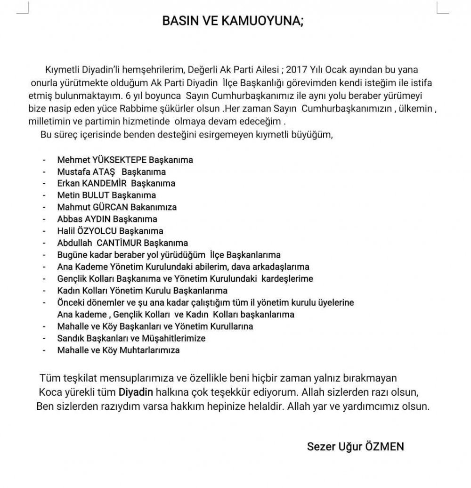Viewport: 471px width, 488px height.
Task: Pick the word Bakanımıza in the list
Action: [154, 207]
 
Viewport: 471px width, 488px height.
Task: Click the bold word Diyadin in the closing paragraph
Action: [133, 392]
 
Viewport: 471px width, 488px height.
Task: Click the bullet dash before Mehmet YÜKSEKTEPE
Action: [45, 160]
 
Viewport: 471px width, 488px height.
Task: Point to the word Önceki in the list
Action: [70, 302]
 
